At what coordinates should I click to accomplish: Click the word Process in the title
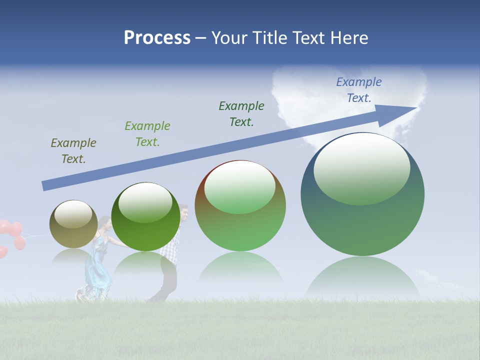click(157, 38)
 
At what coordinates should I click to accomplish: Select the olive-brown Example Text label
click(73, 151)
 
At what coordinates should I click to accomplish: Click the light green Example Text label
click(147, 134)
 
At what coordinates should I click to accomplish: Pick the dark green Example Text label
click(241, 114)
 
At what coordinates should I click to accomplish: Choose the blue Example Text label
click(359, 90)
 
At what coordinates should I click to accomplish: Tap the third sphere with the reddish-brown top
click(240, 225)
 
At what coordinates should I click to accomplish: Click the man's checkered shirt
click(171, 250)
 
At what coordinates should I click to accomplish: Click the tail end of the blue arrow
click(46, 185)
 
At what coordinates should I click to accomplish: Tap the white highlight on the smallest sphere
click(73, 214)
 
